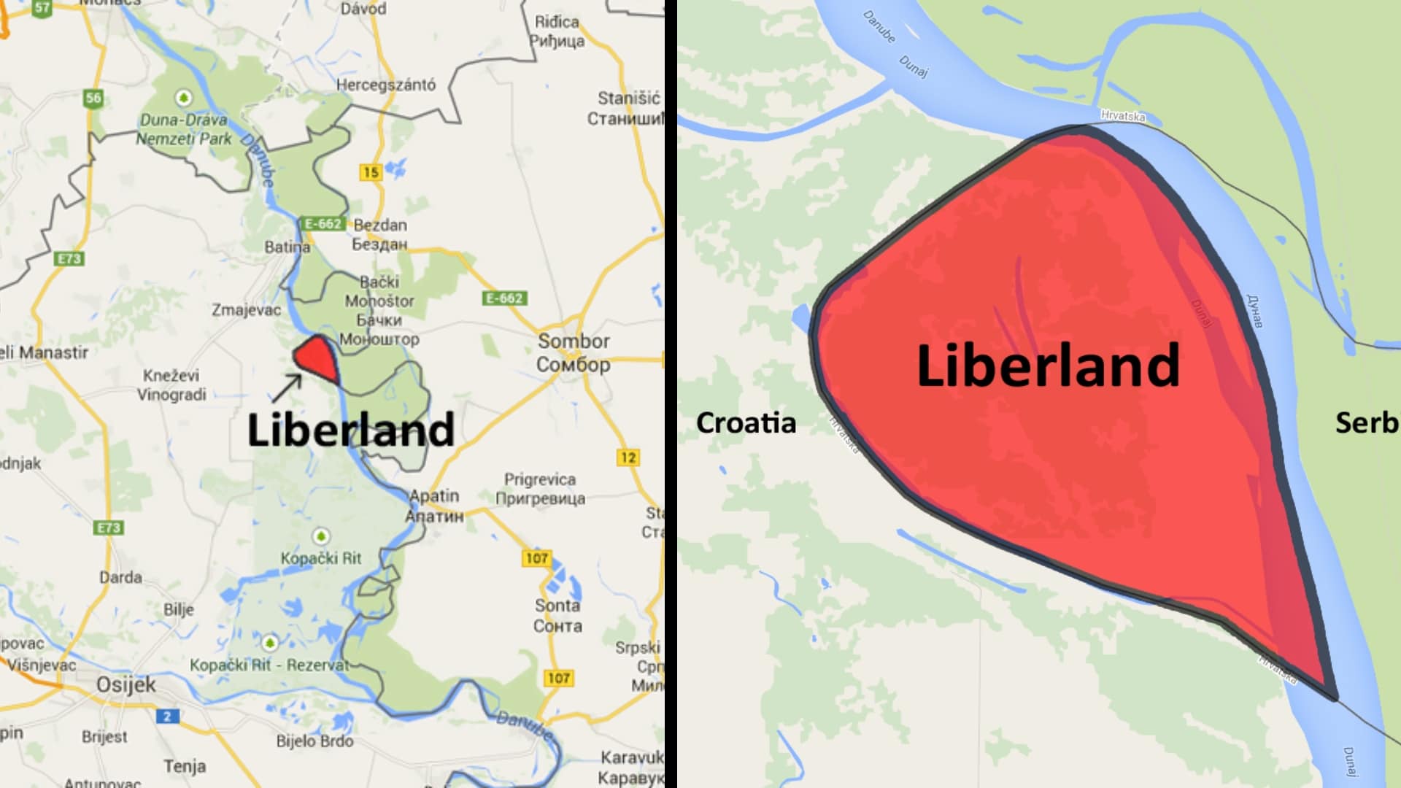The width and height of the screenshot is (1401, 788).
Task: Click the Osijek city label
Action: click(x=126, y=685)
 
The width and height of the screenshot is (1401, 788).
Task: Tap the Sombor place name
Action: click(x=574, y=341)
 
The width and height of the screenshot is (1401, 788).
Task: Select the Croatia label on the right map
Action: click(x=746, y=423)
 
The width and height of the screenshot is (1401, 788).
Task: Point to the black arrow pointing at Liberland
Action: click(x=287, y=387)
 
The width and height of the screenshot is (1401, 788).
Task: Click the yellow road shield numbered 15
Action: click(x=371, y=172)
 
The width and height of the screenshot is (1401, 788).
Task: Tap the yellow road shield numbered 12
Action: click(x=628, y=457)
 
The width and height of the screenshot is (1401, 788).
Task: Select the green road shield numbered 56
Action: click(x=93, y=98)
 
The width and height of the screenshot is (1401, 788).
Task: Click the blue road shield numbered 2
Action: click(x=167, y=716)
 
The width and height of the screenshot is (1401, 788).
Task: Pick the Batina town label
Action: click(x=287, y=247)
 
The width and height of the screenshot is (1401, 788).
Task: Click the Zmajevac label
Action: click(x=246, y=310)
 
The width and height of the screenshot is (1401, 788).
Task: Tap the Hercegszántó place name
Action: click(x=385, y=85)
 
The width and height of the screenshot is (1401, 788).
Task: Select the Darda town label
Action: click(x=120, y=577)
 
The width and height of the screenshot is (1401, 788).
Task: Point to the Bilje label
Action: click(x=179, y=609)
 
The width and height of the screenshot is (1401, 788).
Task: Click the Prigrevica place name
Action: click(x=540, y=479)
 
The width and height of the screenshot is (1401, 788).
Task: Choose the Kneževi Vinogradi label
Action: click(x=172, y=385)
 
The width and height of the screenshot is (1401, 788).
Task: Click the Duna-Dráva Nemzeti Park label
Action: click(x=185, y=129)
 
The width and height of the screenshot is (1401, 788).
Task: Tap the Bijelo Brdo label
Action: click(x=314, y=741)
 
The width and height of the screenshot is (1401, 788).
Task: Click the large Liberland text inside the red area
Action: click(x=1048, y=365)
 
